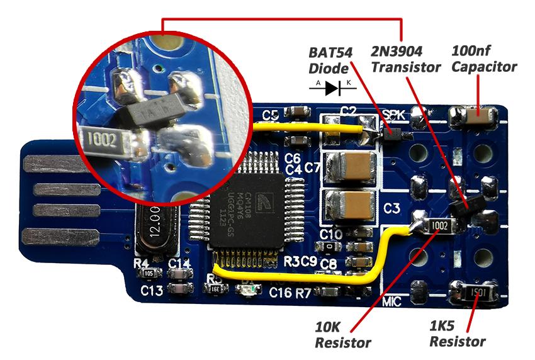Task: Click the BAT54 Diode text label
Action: (331, 58)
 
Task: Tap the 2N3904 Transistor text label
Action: (405, 58)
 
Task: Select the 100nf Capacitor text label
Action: (484, 58)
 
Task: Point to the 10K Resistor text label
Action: (342, 335)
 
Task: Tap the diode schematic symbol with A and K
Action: (332, 88)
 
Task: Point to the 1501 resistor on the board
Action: (475, 293)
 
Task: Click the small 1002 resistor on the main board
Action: (438, 225)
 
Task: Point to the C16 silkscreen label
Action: (281, 293)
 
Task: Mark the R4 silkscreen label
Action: (142, 264)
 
